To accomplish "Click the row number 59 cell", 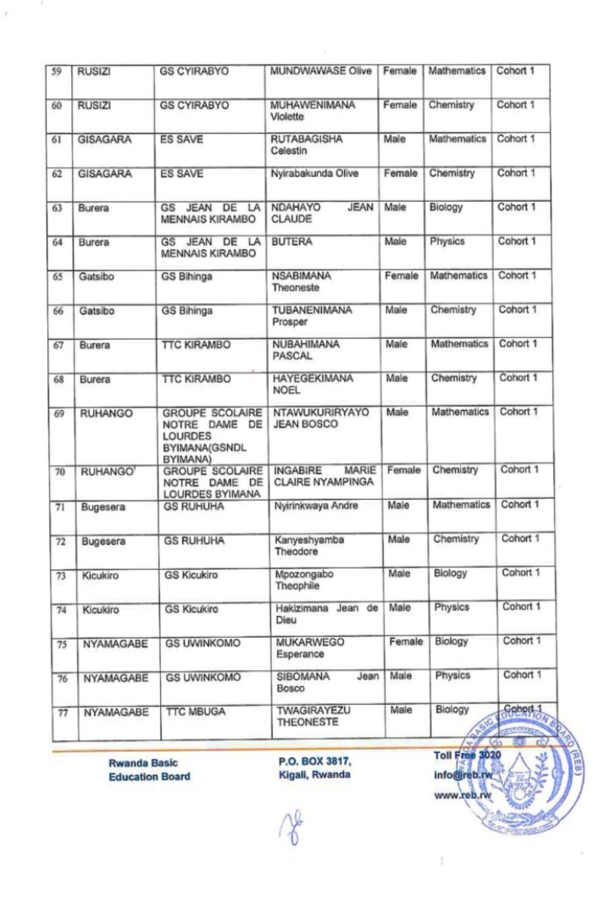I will (x=58, y=72).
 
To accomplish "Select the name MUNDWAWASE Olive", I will (x=320, y=71).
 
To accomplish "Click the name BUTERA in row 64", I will (x=290, y=242).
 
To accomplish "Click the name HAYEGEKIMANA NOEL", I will (x=312, y=385).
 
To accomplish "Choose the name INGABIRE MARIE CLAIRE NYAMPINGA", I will (x=323, y=476).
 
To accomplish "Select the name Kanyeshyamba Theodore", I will (x=307, y=546).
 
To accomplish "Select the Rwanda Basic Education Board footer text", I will (x=149, y=769).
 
